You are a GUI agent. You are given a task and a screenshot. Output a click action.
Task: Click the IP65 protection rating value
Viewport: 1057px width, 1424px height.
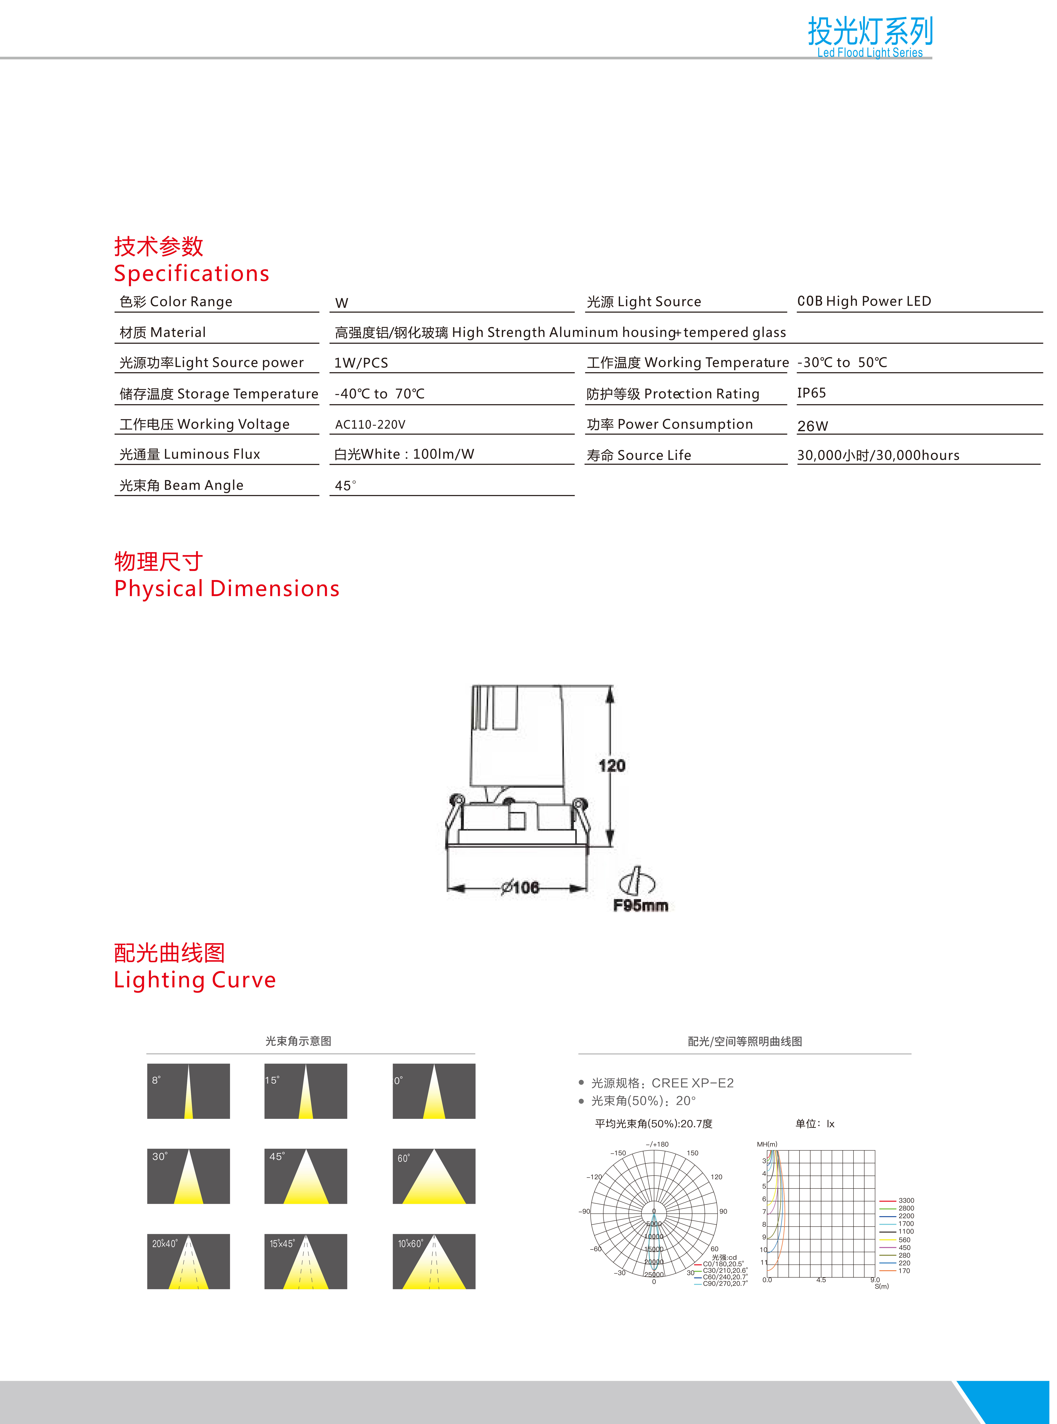[811, 393]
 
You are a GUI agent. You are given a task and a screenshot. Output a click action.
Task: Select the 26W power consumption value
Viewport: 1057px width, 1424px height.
[813, 426]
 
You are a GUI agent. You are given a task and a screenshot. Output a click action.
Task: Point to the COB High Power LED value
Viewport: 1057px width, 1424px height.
[864, 301]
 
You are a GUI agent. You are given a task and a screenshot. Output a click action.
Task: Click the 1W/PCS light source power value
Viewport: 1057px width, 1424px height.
[361, 363]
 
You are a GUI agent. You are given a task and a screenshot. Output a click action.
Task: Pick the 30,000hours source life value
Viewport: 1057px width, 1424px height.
[878, 455]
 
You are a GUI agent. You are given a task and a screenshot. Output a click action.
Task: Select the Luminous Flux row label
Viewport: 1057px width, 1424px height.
[190, 454]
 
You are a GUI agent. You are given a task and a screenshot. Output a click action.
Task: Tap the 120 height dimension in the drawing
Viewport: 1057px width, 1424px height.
[612, 765]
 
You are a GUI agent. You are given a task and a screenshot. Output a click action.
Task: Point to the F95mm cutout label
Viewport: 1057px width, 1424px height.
[640, 905]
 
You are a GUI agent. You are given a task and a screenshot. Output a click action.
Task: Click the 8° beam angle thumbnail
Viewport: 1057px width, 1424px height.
[188, 1091]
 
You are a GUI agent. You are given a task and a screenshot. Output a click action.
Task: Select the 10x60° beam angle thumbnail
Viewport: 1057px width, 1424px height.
[434, 1261]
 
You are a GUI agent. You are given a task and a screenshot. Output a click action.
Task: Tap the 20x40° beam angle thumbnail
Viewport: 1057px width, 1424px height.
[188, 1261]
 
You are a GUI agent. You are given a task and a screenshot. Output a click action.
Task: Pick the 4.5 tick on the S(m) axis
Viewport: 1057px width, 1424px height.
[821, 1280]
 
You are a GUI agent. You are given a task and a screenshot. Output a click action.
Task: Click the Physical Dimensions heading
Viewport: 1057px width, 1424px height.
[227, 589]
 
